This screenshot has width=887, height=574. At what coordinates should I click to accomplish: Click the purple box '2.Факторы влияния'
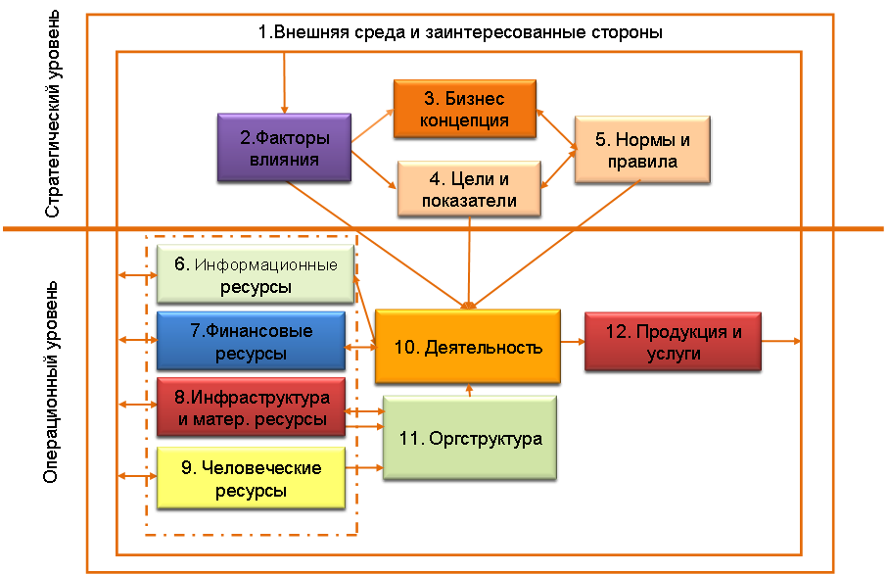(x=284, y=147)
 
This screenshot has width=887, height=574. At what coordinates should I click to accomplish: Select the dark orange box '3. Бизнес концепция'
(x=466, y=109)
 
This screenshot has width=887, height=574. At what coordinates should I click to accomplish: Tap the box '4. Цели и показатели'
(x=469, y=189)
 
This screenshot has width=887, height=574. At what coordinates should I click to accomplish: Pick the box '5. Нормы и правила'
(x=641, y=150)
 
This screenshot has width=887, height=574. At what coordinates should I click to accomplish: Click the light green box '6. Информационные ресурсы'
(x=255, y=275)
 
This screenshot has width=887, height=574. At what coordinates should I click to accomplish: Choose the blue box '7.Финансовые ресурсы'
(x=251, y=341)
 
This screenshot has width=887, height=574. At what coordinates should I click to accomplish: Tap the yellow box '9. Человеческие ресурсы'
(x=252, y=477)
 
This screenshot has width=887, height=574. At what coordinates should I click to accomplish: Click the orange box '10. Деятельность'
(x=467, y=347)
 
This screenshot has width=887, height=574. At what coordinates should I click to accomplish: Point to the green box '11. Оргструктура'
(x=469, y=438)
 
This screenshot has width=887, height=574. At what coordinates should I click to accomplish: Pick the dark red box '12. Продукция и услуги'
(x=673, y=342)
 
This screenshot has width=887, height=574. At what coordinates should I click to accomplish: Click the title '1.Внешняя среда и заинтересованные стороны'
(x=460, y=31)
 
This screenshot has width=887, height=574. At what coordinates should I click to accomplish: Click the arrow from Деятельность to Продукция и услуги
(x=573, y=343)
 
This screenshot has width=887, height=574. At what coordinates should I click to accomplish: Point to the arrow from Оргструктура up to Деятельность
(x=470, y=390)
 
